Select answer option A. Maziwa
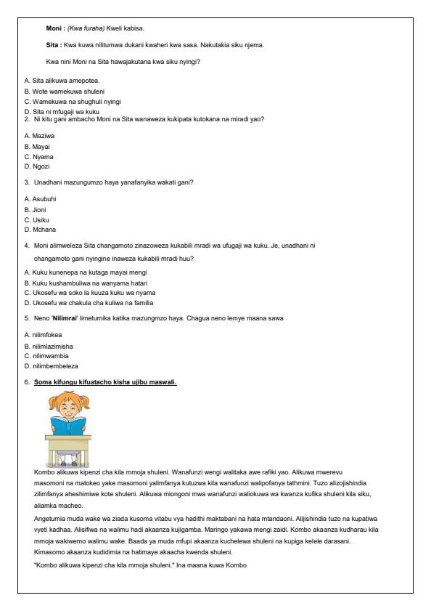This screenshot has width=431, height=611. pos(40,136)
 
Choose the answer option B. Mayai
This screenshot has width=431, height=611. pos(38,147)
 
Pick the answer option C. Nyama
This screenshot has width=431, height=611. pos(39,157)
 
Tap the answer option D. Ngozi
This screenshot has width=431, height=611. pos(38,167)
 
